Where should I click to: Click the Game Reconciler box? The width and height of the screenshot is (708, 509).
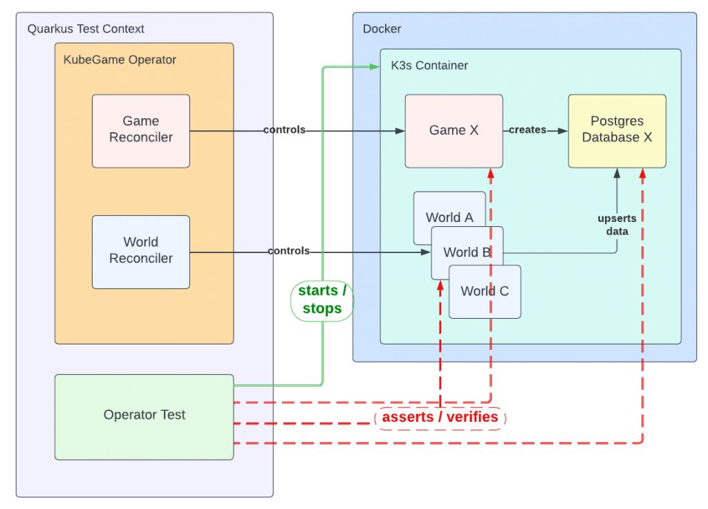tap(141, 130)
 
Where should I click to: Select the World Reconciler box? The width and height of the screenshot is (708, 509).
tap(141, 251)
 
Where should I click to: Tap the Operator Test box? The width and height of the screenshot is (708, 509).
tap(145, 416)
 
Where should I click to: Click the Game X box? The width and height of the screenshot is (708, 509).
tap(454, 131)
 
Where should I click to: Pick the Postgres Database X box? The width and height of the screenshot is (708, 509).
tap(617, 130)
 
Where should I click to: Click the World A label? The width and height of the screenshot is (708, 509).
tap(449, 217)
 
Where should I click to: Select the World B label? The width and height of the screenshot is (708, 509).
tap(467, 252)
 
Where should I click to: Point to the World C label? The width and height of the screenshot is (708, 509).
tap(485, 291)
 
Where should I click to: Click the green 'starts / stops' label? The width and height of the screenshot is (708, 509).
tap(322, 300)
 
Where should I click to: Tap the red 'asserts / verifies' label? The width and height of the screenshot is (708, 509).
tap(440, 418)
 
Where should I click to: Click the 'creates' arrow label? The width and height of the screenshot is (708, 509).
tap(528, 130)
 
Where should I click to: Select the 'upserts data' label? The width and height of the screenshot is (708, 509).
tap(617, 225)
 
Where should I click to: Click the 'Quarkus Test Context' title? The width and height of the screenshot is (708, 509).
tap(86, 29)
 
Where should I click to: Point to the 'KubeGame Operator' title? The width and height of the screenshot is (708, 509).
tap(120, 60)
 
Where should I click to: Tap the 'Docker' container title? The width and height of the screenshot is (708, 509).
tap(382, 29)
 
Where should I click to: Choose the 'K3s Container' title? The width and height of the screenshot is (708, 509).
tap(429, 66)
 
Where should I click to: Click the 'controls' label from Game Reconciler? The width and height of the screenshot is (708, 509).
tap(284, 130)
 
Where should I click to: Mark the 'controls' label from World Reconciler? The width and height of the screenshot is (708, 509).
tap(288, 251)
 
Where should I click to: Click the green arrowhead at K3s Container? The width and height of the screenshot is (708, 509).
tap(375, 66)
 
